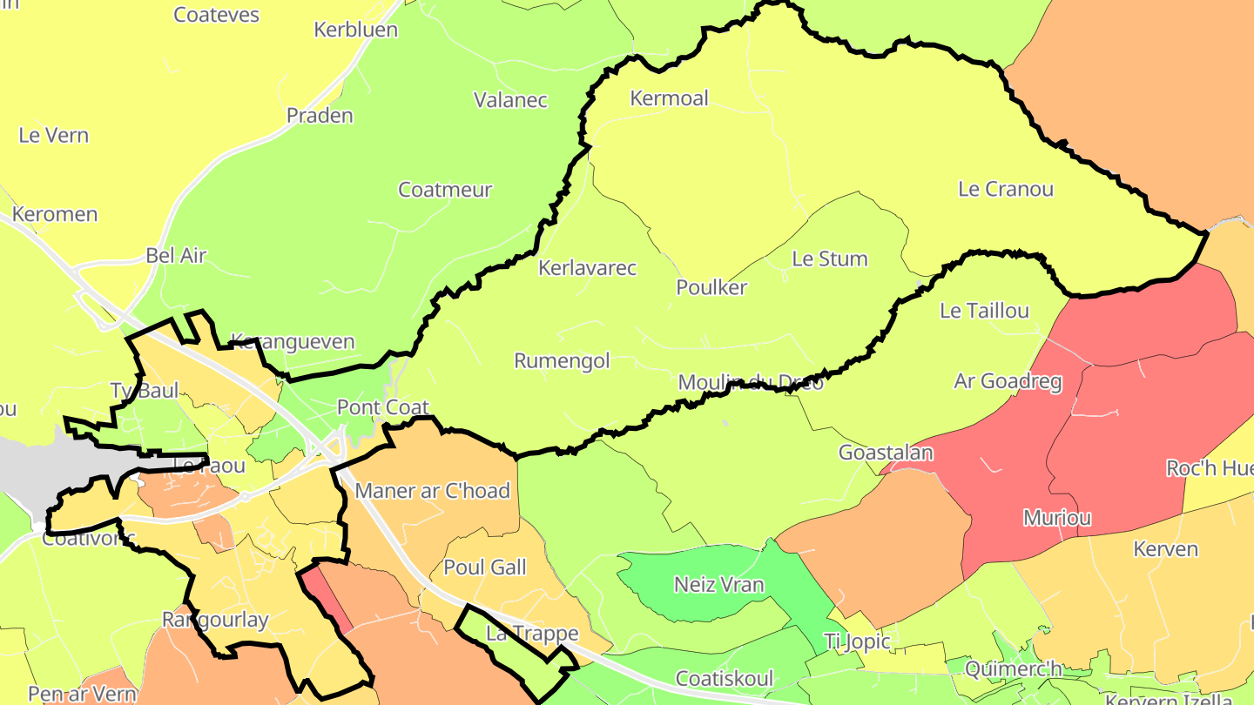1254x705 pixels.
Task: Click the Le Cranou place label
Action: click(x=1005, y=189)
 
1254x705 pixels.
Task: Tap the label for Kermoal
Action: click(x=669, y=98)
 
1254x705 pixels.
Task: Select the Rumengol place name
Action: click(x=562, y=360)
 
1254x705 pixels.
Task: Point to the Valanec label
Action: click(x=510, y=100)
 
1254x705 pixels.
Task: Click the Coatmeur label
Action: click(x=445, y=190)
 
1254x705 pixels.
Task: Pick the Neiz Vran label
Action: click(x=718, y=585)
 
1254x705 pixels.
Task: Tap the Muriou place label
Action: click(x=1056, y=518)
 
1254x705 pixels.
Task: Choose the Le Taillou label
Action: click(x=984, y=311)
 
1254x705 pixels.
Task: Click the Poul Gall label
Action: click(x=485, y=567)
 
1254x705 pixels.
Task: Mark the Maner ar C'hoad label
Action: click(x=432, y=491)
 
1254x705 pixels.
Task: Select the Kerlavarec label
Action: click(x=587, y=268)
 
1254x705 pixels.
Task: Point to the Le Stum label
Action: click(x=829, y=259)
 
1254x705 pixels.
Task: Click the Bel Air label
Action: click(x=176, y=256)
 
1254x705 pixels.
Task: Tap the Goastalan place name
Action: click(x=885, y=453)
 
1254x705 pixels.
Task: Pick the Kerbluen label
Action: click(x=355, y=30)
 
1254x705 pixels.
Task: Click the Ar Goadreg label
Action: click(x=1008, y=381)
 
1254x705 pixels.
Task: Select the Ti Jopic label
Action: click(x=857, y=642)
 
